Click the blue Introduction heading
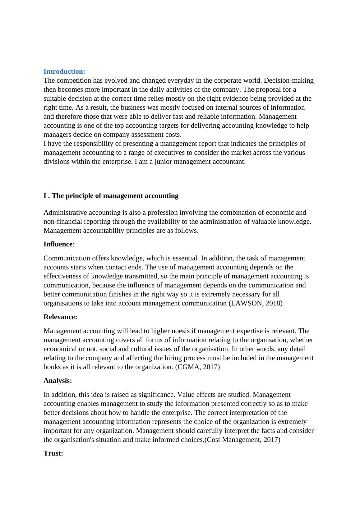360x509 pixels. [64, 71]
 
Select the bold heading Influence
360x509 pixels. [58, 244]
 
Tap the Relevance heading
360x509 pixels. [60, 317]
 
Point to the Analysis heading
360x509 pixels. [58, 381]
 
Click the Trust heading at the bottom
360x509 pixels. [53, 453]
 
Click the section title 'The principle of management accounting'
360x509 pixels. [115, 196]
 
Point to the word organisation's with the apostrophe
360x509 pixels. [72, 440]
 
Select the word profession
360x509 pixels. [163, 213]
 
